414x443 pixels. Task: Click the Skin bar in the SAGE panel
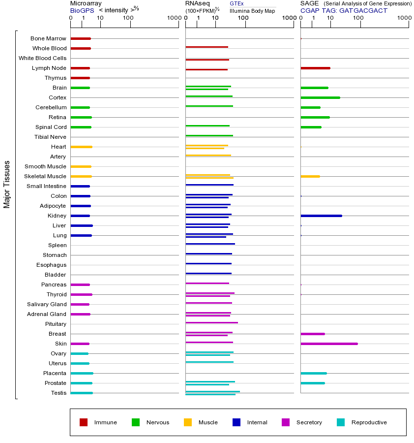329,344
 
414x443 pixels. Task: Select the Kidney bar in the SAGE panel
321,216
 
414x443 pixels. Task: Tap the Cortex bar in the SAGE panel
320,97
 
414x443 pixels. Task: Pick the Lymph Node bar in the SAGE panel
315,68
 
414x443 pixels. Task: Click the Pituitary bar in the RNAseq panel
211,322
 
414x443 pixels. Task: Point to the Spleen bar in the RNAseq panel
210,244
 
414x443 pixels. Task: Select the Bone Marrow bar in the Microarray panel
81,38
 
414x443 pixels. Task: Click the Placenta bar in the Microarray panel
82,373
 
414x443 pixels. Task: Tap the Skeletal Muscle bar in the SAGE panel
310,176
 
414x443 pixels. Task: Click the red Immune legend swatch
84,422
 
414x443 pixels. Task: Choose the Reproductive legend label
369,422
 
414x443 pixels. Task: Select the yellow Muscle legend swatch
188,422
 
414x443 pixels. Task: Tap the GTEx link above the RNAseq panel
237,3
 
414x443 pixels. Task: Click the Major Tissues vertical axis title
7,184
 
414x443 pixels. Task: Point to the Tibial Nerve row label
50,137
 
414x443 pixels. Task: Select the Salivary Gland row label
47,304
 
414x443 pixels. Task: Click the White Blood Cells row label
42,58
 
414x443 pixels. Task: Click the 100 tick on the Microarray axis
128,18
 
